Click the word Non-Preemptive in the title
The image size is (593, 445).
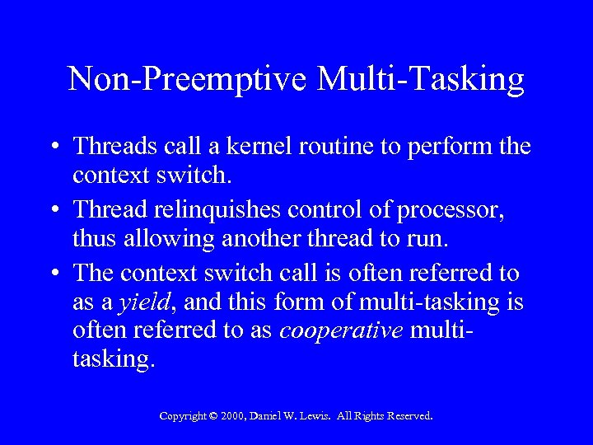coord(187,80)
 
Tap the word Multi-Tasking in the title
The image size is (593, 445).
coord(421,80)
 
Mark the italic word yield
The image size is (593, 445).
coord(145,304)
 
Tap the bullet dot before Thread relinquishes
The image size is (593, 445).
coord(53,212)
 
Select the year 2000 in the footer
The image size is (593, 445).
coord(233,416)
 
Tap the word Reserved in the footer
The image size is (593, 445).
coord(406,416)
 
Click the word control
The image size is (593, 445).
coord(329,211)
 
